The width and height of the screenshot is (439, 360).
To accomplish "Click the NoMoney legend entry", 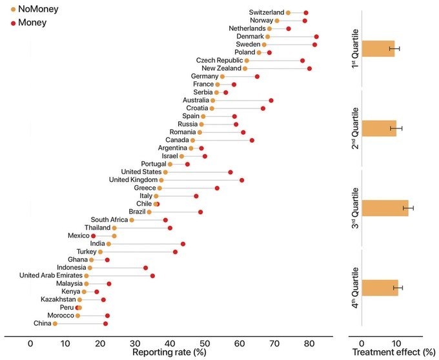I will coord(32,10).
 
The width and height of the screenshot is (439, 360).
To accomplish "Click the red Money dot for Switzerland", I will coord(306,13).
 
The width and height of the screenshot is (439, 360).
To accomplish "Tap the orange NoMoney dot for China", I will coord(55,323).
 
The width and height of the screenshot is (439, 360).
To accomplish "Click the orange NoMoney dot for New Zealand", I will coord(245,68).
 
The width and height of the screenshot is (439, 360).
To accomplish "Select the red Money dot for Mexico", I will coord(93,236).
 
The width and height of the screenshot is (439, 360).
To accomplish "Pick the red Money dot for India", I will coord(183,244).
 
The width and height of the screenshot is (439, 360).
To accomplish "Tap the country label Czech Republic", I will coord(218,60).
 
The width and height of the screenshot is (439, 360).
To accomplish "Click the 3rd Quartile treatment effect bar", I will coord(385,208).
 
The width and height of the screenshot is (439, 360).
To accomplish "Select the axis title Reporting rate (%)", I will coord(169,352).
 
